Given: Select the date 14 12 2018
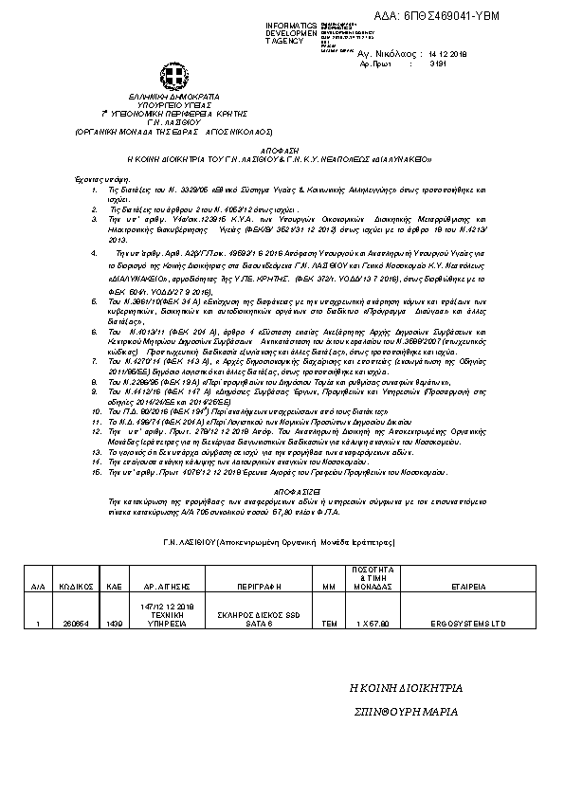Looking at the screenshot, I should pyautogui.click(x=448, y=55).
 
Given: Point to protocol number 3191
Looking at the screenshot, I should pyautogui.click(x=439, y=66).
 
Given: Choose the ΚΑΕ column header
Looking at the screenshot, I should pyautogui.click(x=115, y=587).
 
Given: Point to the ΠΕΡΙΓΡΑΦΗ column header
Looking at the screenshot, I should pyautogui.click(x=251, y=587).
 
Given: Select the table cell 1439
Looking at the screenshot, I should pyautogui.click(x=115, y=624).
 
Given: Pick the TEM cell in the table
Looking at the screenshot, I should pyautogui.click(x=330, y=624).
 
